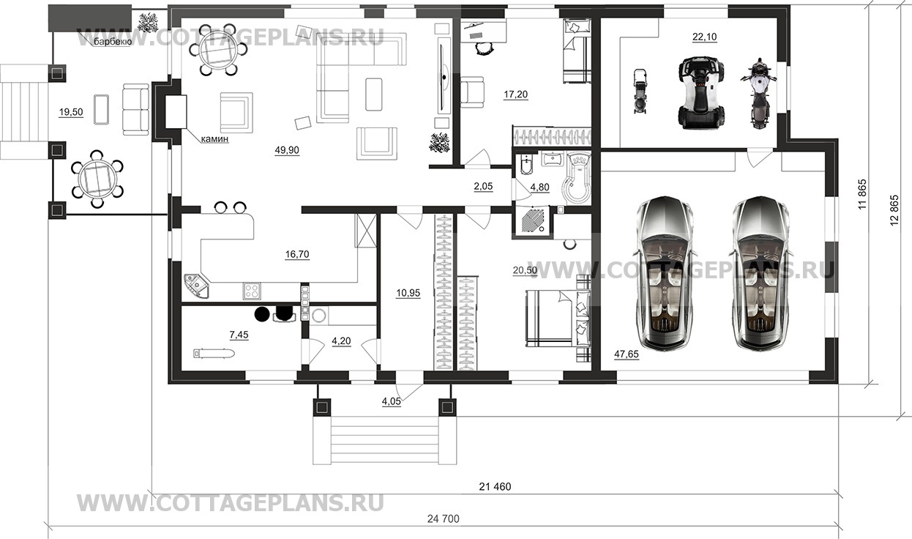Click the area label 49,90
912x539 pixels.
287,150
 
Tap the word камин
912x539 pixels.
214,139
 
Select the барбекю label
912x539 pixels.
113,42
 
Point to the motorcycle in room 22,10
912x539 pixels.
758,94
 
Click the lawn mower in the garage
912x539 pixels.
640,92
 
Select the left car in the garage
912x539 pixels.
665,274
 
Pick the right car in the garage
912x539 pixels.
760,274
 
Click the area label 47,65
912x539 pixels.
627,354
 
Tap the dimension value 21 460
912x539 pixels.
495,486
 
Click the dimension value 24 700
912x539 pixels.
443,518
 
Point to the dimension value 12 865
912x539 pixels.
894,211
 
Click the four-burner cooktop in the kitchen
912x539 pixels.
252,291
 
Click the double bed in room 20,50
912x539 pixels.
556,319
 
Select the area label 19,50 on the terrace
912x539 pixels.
71,112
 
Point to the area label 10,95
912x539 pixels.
408,292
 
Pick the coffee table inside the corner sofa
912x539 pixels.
373,94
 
